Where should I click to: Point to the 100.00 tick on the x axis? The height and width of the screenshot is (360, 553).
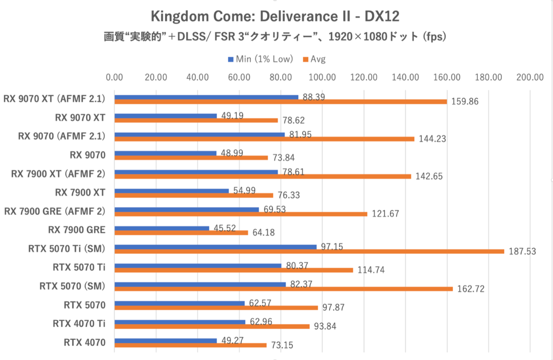click(x=322, y=77)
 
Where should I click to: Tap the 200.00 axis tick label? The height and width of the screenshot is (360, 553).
click(x=530, y=77)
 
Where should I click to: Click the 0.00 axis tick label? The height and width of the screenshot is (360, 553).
click(x=114, y=77)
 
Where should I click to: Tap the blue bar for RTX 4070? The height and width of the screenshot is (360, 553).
click(x=165, y=341)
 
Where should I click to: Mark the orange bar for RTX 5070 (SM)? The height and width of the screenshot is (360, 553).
click(x=283, y=289)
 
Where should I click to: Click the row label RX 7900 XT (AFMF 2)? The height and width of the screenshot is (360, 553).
click(x=54, y=174)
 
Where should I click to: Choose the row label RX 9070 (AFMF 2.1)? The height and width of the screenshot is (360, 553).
click(x=61, y=136)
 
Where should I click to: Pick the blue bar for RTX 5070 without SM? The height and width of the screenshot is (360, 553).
click(x=179, y=303)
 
